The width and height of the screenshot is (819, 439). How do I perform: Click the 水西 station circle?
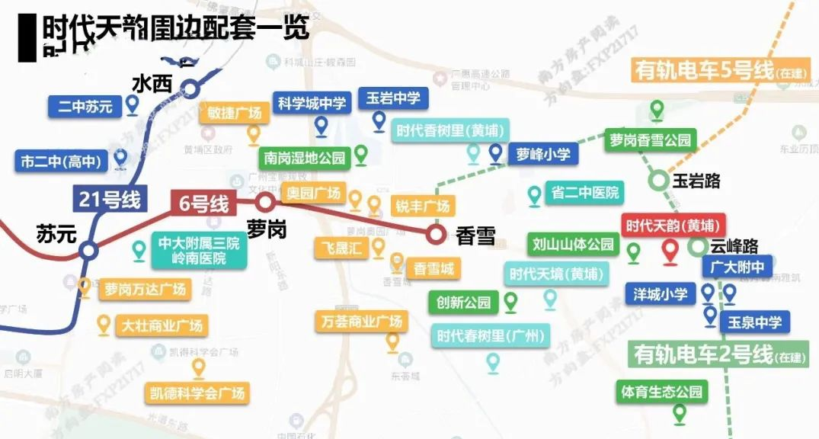coord(190,88)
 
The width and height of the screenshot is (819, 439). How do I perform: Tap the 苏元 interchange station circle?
coord(88,249)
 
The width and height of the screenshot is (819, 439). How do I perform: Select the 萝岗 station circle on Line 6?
coord(265,202)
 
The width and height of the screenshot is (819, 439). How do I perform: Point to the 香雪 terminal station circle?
coord(436,233)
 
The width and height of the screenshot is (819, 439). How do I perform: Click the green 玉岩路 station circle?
coord(658,181)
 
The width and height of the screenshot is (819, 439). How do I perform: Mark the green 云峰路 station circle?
coord(697,246)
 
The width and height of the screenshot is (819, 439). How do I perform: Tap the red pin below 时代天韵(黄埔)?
coord(670,251)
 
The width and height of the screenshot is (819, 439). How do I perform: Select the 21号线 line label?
coord(110,200)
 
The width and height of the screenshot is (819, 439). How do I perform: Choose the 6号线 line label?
coord(203,203)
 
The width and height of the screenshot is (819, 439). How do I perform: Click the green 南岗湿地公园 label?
coord(304,158)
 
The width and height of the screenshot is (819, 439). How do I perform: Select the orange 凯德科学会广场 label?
coord(197,393)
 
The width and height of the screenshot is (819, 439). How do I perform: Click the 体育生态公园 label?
coord(661,392)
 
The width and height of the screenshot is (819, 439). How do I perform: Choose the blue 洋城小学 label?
coord(660,293)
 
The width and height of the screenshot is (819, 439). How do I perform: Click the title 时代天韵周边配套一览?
coord(175,29)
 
